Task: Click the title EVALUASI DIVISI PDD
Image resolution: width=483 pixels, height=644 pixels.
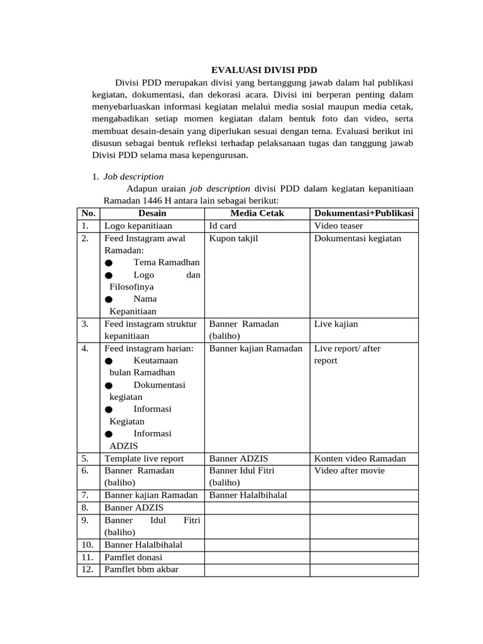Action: tap(264, 70)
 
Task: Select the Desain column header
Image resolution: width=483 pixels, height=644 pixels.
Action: tap(152, 213)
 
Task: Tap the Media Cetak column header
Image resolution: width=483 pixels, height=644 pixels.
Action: tap(257, 213)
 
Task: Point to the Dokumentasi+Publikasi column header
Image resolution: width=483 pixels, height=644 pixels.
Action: tap(364, 213)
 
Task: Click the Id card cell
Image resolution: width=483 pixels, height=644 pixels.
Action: tap(223, 226)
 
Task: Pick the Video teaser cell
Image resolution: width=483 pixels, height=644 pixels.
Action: tap(338, 226)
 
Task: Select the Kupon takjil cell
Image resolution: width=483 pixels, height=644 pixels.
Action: tap(233, 238)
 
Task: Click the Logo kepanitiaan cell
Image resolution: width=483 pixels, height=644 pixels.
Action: tap(138, 226)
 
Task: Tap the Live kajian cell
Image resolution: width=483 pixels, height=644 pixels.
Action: tap(336, 324)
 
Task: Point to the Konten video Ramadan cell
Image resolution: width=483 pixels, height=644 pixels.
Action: tap(360, 458)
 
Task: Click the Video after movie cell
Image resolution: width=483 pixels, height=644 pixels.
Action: tap(349, 470)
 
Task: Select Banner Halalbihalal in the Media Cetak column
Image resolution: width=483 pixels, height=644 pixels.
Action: tap(248, 495)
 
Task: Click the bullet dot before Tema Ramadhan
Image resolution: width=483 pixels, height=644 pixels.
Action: tap(109, 263)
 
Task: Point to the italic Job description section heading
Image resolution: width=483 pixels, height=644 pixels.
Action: tap(133, 177)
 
